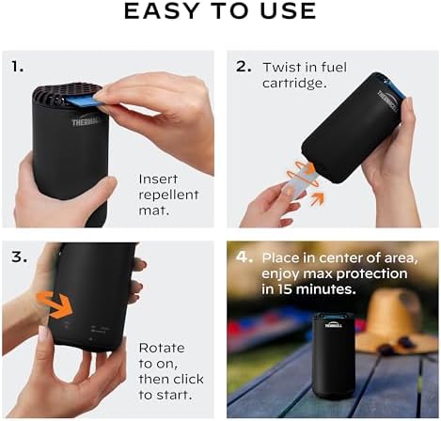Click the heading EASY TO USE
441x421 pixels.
[x=220, y=12]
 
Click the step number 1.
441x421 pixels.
[x=17, y=68]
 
